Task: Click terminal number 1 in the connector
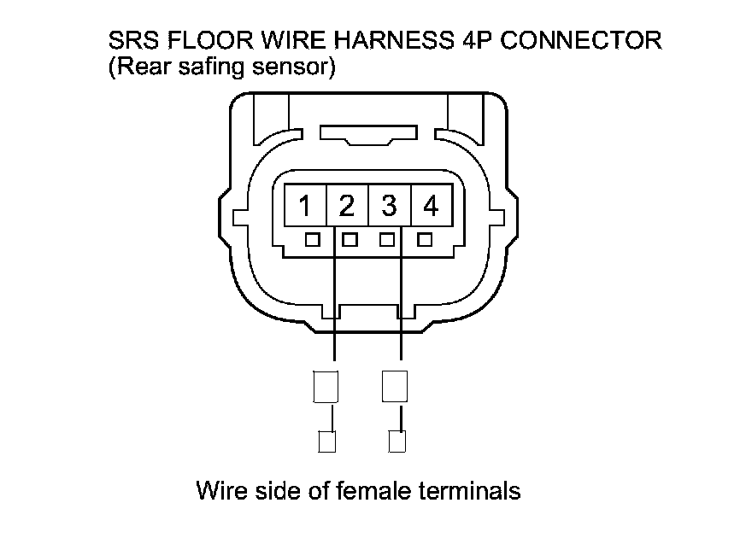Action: point(305,206)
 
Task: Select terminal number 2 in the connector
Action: point(347,206)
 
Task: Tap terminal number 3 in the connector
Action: point(389,206)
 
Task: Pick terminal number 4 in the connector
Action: point(431,206)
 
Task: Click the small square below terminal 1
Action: point(313,240)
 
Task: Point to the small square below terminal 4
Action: point(424,240)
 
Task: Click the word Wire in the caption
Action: point(220,491)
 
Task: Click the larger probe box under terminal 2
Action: point(326,386)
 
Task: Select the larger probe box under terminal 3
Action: point(395,386)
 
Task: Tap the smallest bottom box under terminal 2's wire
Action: point(326,442)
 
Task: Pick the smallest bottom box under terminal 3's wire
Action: point(397,442)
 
